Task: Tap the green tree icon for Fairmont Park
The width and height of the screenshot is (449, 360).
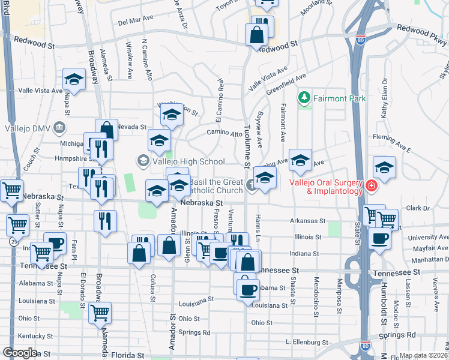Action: coord(305,97)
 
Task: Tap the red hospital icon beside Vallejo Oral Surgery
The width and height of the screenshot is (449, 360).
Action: coord(372,187)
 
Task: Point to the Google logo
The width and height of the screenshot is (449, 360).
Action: coord(19,353)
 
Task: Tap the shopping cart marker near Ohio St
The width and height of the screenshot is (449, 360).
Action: coord(100,312)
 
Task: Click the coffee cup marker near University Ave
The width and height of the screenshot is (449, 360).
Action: coord(379,238)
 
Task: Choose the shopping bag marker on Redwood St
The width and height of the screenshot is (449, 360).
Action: coord(256,35)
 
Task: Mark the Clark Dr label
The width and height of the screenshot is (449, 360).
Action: coord(418,208)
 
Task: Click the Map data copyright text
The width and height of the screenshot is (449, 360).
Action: coord(424,355)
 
